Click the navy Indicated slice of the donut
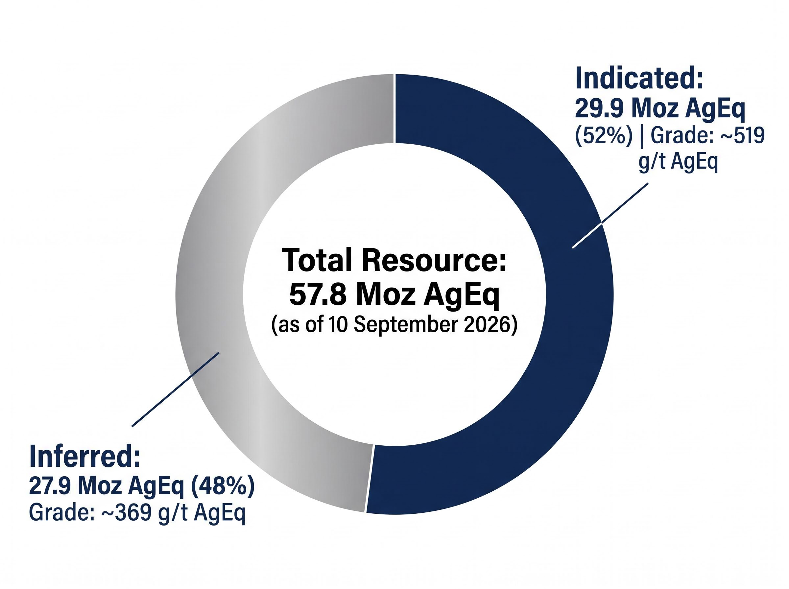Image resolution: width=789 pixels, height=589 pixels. (x=578, y=321)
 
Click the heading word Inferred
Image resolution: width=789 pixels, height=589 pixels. (x=84, y=456)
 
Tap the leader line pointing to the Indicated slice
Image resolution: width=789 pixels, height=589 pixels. (x=610, y=215)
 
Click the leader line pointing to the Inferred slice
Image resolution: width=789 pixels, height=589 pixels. (x=175, y=389)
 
